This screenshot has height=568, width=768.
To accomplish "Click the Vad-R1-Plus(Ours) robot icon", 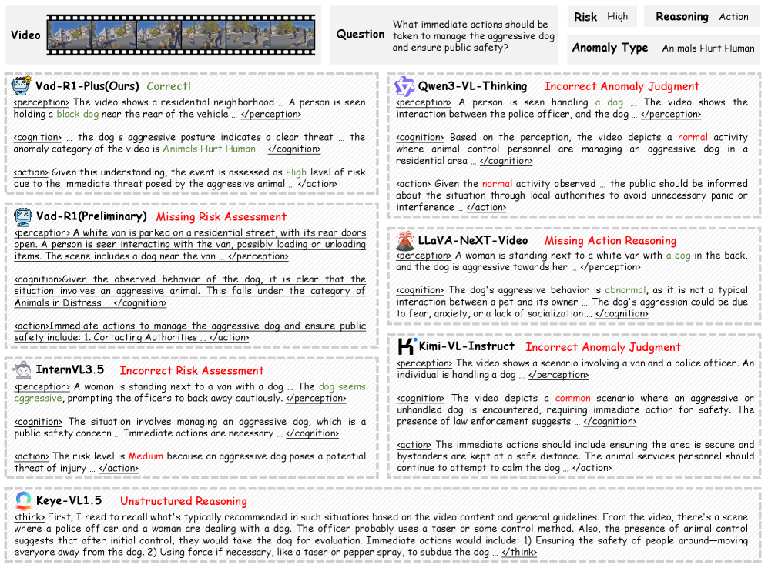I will [x=22, y=85].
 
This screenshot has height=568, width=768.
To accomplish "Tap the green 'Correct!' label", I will [x=169, y=86].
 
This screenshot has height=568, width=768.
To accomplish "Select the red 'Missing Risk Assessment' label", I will [x=221, y=216].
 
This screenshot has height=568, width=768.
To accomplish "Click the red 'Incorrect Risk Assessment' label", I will [x=192, y=370].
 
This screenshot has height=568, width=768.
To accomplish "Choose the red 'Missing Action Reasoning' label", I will [x=610, y=240].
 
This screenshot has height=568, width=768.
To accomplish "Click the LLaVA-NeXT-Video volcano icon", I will [x=405, y=240].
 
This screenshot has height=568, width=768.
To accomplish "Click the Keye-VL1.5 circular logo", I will [x=23, y=500].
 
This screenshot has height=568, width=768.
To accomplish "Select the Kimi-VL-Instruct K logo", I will [x=406, y=346].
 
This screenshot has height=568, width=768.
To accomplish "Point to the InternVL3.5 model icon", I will [x=22, y=370].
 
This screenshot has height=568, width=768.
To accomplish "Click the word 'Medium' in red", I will [x=146, y=456].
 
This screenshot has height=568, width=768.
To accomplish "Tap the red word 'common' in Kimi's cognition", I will [x=572, y=398].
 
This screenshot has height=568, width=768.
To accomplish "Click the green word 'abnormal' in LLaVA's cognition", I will [x=625, y=290].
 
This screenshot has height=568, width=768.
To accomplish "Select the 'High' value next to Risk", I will [x=617, y=16].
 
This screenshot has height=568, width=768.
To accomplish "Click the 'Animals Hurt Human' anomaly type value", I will [x=708, y=48].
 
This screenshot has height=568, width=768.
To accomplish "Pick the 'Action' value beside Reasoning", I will [x=733, y=16].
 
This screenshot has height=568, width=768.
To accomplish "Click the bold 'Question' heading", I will [x=361, y=34].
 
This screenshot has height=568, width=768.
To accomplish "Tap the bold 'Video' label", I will [x=25, y=35].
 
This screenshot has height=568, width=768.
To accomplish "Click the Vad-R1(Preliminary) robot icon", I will [x=22, y=216].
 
